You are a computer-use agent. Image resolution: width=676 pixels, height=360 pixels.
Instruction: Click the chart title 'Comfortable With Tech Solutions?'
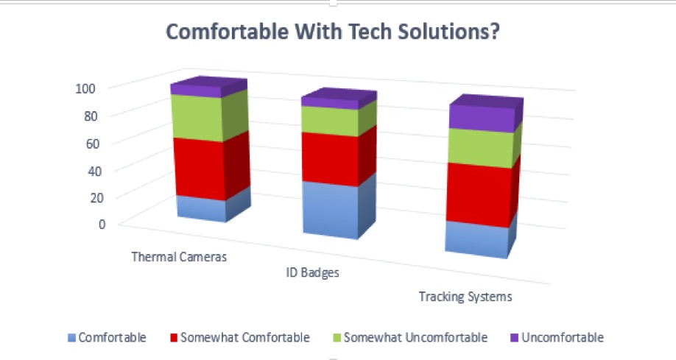coord(333,32)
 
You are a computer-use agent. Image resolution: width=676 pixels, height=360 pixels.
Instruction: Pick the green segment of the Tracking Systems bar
coord(484,146)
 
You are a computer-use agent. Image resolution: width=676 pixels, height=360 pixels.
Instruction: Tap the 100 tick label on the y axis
coord(85,89)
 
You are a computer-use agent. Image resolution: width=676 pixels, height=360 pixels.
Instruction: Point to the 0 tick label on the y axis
coord(102,225)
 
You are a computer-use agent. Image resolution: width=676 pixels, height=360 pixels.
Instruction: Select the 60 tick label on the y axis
coord(92,144)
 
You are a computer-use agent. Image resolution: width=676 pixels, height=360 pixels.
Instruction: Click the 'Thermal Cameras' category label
coord(179,257)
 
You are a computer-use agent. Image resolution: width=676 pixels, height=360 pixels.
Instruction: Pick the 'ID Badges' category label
coord(312,273)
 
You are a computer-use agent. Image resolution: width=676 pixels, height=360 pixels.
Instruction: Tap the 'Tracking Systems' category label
coord(465,297)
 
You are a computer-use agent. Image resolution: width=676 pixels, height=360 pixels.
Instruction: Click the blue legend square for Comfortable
coord(71,338)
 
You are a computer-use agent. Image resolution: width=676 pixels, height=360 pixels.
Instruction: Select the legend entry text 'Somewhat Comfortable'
coord(245,338)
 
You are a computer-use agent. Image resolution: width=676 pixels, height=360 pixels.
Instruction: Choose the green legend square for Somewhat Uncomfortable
coord(337,338)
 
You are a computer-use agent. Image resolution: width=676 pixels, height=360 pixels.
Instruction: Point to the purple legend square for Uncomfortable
coord(514,338)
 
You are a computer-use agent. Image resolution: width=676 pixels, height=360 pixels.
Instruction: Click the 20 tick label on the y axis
coord(96,198)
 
